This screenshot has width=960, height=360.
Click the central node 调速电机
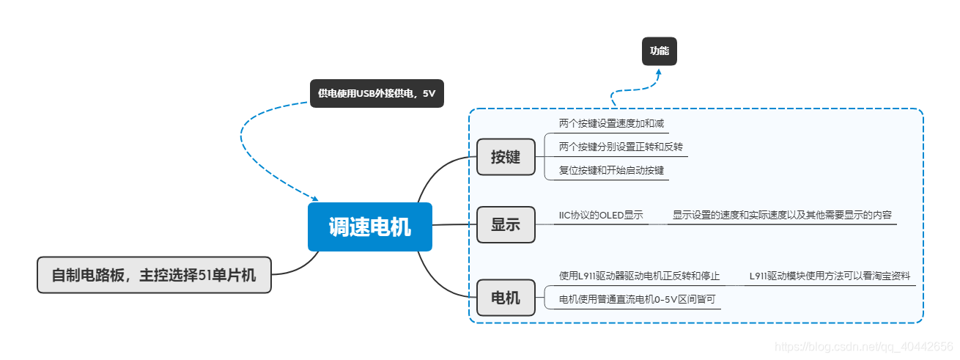369,227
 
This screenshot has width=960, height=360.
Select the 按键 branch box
506,157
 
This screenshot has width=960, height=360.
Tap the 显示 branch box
506,224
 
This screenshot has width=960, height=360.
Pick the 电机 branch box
506,298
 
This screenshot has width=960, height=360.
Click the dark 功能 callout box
660,51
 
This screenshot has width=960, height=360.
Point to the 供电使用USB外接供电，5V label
377,94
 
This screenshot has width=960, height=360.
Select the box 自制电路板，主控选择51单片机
154,276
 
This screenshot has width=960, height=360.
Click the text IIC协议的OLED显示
601,215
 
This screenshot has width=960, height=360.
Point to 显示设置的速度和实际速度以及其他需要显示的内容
782,215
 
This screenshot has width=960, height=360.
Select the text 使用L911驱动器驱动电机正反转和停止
639,276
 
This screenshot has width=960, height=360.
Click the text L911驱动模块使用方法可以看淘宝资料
830,276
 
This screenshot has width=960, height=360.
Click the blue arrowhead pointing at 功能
659,73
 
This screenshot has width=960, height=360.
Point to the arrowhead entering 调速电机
315,199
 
